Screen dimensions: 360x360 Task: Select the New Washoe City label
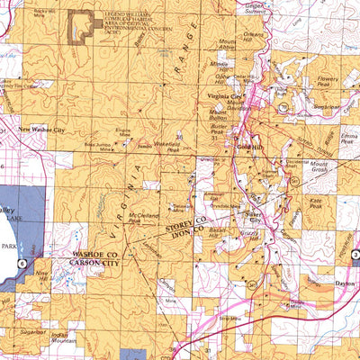tap(45, 130)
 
